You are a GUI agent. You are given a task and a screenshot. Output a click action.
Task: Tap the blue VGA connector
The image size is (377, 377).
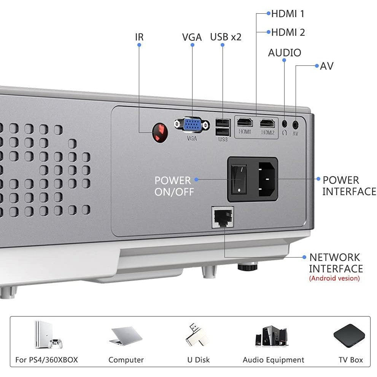(x=192, y=124)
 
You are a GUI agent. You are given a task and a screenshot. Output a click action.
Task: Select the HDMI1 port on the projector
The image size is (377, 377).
(x=245, y=123)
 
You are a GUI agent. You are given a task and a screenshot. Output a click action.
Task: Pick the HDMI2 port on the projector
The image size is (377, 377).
(x=268, y=123)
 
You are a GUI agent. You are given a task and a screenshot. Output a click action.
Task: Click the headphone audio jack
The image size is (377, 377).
(x=285, y=123)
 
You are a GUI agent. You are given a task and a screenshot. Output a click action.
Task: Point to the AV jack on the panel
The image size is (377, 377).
(x=296, y=124)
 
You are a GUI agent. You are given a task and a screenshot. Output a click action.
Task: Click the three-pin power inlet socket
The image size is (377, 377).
(x=268, y=180)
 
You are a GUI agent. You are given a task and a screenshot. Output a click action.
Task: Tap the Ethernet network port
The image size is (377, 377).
(x=223, y=217)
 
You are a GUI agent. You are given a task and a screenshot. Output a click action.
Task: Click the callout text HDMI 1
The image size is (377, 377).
(x=288, y=14)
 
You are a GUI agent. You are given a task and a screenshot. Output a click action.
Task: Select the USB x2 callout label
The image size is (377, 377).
(x=226, y=37)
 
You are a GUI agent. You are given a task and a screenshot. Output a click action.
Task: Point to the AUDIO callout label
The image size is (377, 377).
(x=285, y=52)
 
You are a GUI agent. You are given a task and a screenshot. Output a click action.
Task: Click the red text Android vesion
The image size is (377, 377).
(x=334, y=278)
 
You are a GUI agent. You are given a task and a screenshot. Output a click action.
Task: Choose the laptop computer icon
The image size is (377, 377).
(x=126, y=336)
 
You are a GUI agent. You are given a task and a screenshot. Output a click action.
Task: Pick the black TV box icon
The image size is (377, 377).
(x=349, y=335)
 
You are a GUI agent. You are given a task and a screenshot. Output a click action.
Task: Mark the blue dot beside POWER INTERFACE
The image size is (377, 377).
(x=318, y=178)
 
